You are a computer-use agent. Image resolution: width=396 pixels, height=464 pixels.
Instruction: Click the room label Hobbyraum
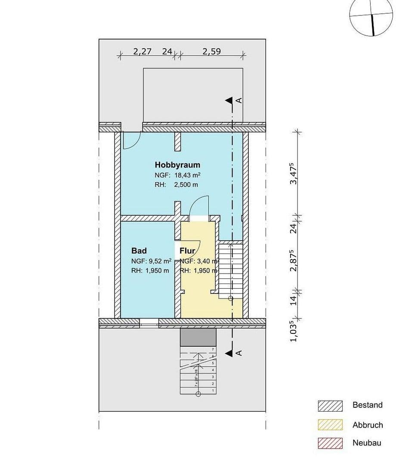pos(177,165)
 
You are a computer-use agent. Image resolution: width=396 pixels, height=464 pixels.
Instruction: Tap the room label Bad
pos(139,251)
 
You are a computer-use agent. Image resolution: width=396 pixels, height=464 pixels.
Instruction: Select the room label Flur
pos(188,251)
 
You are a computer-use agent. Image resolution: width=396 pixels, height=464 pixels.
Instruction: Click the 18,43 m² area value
pos(188,175)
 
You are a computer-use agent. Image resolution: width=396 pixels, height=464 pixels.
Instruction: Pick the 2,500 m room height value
pos(186,185)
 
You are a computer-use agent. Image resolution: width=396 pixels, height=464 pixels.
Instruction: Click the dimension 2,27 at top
pos(142,51)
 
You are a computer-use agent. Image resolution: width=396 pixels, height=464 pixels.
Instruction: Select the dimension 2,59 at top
pos(211,51)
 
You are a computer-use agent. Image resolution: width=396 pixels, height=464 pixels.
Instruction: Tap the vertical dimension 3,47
pos(294,173)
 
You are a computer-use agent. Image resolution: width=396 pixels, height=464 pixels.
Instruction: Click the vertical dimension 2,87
pos(294,260)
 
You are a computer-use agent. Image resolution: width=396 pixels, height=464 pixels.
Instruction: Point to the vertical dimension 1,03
pos(294,332)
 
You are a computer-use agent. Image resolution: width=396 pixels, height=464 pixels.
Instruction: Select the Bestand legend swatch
pos(330,406)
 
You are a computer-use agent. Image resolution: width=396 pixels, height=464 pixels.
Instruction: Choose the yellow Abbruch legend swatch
pos(330,425)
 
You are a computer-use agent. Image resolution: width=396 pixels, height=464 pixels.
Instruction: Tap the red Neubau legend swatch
pos(330,443)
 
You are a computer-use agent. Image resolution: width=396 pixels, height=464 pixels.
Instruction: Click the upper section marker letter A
pos(239,101)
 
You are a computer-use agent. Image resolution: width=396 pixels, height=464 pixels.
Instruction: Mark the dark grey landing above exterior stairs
pos(198,337)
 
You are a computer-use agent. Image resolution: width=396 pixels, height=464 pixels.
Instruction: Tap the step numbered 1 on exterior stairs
pos(213,390)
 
